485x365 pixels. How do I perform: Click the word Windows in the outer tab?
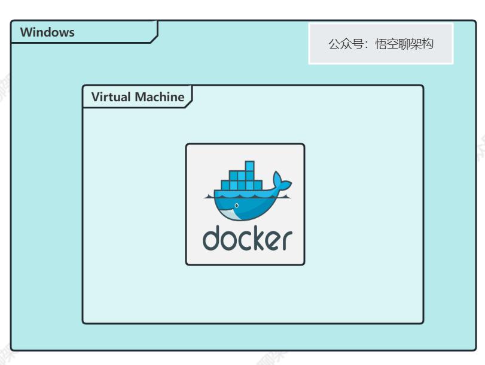point(47,32)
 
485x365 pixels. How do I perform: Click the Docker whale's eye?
point(237,206)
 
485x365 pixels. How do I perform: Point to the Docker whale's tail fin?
point(279,182)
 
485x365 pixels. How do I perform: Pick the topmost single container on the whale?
point(249,166)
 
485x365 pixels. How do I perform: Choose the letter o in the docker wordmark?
point(228,240)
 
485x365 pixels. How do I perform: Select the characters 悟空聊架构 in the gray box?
point(404,44)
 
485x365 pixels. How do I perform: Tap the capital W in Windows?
point(26,32)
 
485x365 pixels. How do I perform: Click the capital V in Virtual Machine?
point(95,97)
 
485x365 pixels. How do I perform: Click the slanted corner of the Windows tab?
point(154,40)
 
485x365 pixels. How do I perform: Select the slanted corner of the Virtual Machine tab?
point(188,104)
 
